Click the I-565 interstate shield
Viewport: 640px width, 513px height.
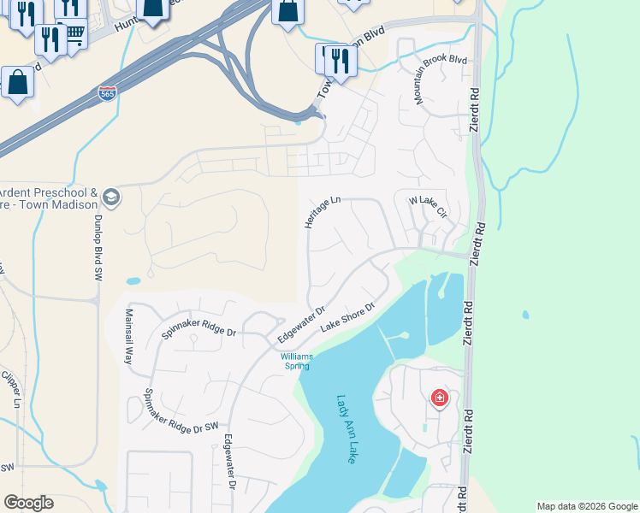pyautogui.click(x=107, y=93)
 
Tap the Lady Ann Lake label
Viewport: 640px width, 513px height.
pyautogui.click(x=347, y=428)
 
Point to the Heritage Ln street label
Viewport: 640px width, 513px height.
pyautogui.click(x=323, y=212)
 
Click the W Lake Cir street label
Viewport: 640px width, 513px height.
pyautogui.click(x=428, y=206)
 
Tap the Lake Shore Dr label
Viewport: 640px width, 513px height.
pyautogui.click(x=348, y=318)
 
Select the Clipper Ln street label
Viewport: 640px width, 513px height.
pyautogui.click(x=11, y=389)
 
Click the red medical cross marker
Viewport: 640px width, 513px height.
pyautogui.click(x=440, y=398)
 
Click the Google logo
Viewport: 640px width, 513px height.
pyautogui.click(x=28, y=503)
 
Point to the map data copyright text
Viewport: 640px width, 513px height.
pyautogui.click(x=586, y=506)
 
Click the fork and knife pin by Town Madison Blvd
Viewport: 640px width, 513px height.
pyautogui.click(x=341, y=62)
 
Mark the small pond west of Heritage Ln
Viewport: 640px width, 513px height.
pyautogui.click(x=133, y=280)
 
